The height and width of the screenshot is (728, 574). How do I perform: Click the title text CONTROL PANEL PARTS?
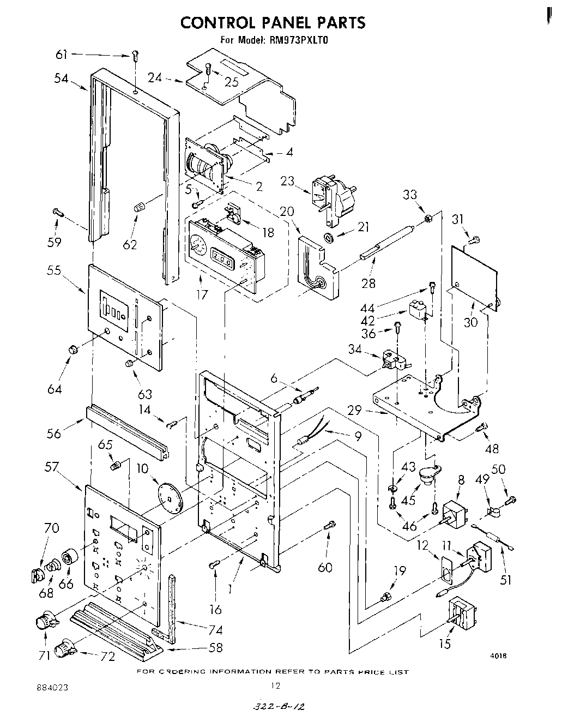(x=273, y=22)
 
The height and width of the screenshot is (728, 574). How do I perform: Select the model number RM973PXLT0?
(x=298, y=40)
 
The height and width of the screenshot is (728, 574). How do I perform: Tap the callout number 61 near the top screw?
(x=62, y=54)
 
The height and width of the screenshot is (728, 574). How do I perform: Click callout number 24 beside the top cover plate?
(x=155, y=77)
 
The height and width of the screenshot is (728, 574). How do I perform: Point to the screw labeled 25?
(x=208, y=69)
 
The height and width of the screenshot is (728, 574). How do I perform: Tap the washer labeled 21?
(x=329, y=237)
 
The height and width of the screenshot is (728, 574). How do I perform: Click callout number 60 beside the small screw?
(x=325, y=568)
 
